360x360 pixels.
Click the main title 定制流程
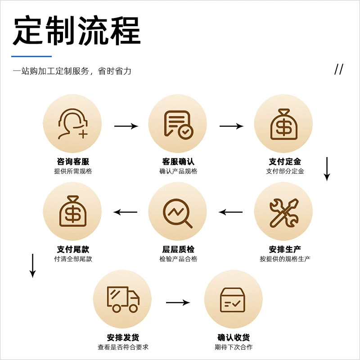point(76,30)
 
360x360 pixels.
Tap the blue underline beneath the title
point(31,56)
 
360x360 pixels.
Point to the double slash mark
point(339,69)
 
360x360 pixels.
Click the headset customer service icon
point(73,124)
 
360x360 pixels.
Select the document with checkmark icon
point(178,125)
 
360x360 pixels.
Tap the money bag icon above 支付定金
point(284,124)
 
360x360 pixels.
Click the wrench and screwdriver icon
point(284,213)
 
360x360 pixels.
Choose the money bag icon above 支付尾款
point(73,211)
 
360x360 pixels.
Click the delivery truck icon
point(123,299)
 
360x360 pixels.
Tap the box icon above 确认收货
point(233,300)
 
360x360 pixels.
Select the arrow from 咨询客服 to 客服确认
point(126,126)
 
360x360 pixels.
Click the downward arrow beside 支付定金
point(327,169)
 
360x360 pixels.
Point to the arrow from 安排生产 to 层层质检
point(230,212)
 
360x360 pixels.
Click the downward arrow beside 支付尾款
point(32,266)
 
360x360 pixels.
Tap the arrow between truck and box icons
point(178,302)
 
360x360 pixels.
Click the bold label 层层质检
point(178,249)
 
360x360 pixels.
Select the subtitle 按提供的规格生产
point(285,259)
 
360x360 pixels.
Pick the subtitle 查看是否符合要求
point(123,347)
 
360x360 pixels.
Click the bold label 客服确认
point(178,162)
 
